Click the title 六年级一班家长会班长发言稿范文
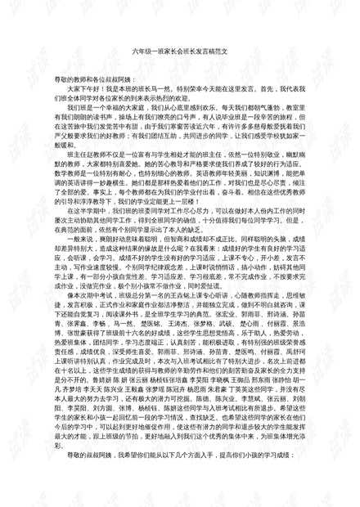[179, 51]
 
